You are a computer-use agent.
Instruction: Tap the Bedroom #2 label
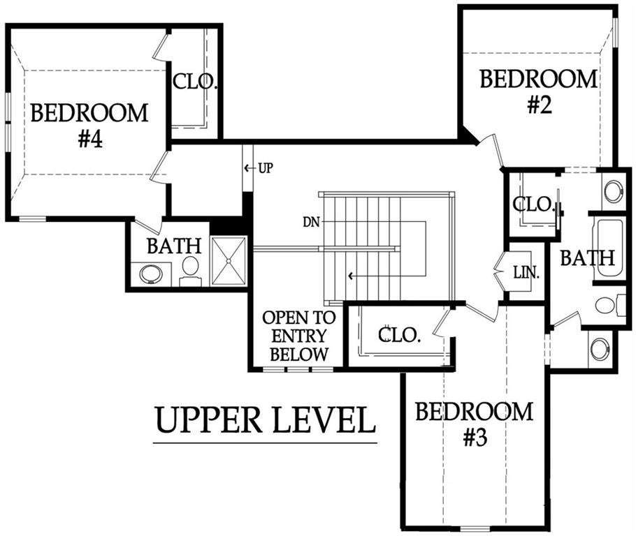coord(539,91)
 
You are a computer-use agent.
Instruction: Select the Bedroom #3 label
coord(474,424)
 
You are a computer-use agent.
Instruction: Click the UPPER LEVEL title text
coord(266,419)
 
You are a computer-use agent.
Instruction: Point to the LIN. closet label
coord(526,273)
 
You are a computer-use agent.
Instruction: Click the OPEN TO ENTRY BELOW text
coord(299,336)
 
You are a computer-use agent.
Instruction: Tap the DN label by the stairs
coord(311,222)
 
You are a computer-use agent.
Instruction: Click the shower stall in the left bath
coord(229,261)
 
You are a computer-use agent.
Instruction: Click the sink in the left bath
coord(151,274)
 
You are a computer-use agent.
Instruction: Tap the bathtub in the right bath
coord(608,249)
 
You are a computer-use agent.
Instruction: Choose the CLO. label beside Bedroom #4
coord(195,82)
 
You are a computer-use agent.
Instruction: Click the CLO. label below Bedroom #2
coord(534,204)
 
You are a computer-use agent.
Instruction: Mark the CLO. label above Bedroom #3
coord(398,335)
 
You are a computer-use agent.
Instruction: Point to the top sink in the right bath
coord(613,191)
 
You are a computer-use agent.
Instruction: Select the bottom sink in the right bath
coord(600,349)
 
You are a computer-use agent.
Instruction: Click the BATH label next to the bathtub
coord(587,258)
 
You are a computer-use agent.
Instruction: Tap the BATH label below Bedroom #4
coord(174,246)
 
